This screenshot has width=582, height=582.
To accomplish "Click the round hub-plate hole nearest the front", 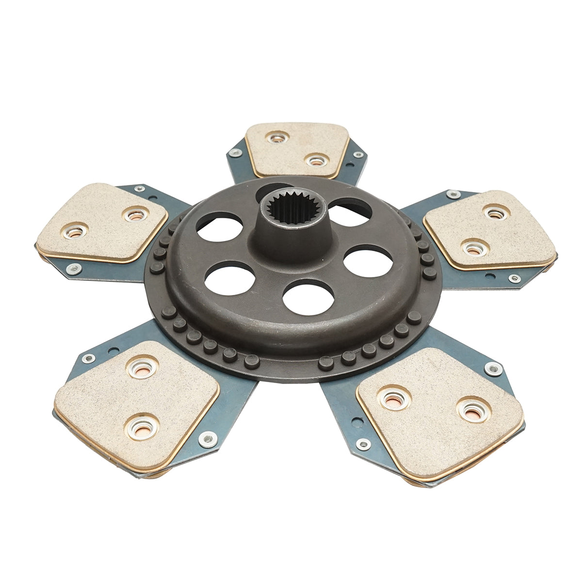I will tap(308, 297).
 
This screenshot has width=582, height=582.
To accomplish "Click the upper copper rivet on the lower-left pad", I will tap(143, 366).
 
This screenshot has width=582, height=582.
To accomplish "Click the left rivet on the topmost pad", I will tap(277, 139).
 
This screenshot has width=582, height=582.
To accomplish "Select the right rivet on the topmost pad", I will tap(316, 159).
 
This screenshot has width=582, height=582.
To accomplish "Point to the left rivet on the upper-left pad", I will tap(75, 231).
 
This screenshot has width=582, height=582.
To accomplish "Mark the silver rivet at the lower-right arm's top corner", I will tap(493, 369).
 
